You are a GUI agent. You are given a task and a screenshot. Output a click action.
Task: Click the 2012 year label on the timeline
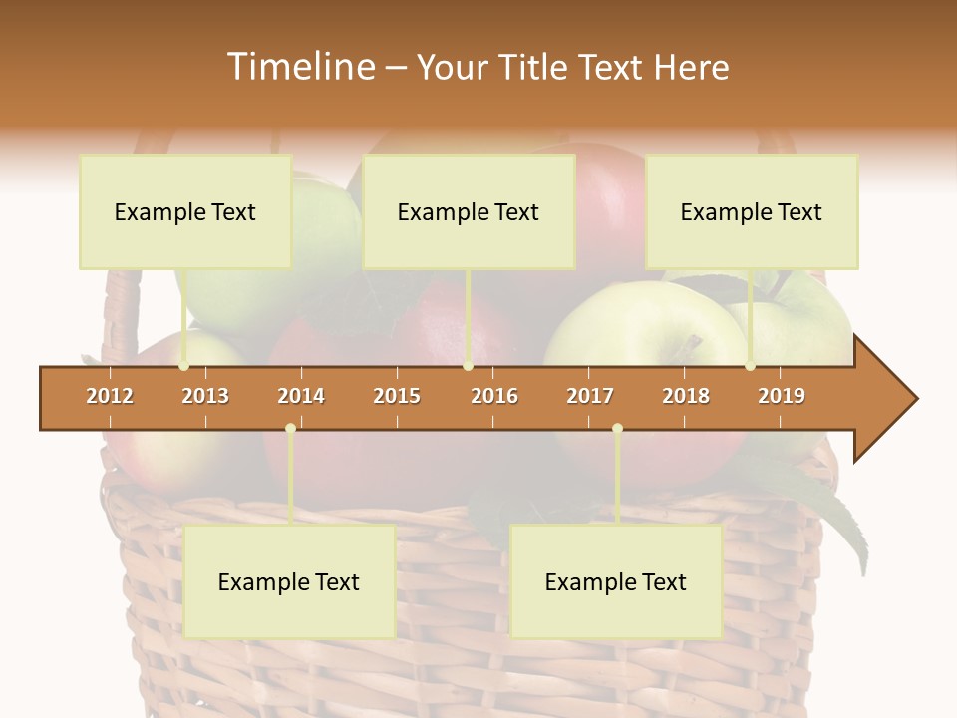click(110, 396)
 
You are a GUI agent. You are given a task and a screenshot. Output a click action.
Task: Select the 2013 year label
click(205, 396)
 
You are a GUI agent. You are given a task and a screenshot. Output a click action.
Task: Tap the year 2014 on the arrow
click(301, 396)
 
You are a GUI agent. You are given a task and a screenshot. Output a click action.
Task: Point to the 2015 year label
click(397, 396)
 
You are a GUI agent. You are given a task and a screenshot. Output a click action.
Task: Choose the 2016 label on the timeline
click(494, 396)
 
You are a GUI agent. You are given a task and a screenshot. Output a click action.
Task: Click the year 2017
click(590, 396)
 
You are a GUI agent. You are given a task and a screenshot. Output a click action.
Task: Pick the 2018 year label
click(686, 396)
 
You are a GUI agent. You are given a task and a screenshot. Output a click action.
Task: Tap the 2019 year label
click(782, 396)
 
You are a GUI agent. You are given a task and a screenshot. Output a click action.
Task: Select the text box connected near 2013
click(185, 211)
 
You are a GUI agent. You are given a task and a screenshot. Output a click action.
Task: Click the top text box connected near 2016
click(469, 211)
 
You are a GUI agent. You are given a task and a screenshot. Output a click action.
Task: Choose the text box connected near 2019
click(752, 211)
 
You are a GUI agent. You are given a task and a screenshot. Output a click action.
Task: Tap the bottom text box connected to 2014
click(289, 581)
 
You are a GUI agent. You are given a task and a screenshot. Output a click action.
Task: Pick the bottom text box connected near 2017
click(616, 581)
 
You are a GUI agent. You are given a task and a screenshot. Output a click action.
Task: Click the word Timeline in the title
click(299, 67)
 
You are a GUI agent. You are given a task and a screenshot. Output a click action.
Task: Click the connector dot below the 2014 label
click(290, 429)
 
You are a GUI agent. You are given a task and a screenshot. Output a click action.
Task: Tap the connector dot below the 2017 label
click(617, 429)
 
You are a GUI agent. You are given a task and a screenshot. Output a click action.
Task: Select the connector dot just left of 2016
click(468, 366)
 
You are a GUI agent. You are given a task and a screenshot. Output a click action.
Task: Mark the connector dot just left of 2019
click(750, 366)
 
